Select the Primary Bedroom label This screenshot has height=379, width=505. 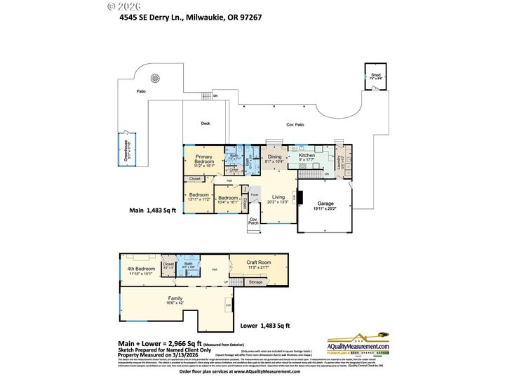point(203,159)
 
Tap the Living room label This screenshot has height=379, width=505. point(279,199)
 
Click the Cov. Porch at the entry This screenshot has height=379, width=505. point(255,220)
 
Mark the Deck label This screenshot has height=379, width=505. point(206,124)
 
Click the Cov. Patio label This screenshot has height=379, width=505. point(295,124)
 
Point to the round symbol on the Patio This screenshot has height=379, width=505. point(156,79)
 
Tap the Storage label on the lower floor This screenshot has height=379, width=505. point(256,282)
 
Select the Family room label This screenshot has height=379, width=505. point(175,300)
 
